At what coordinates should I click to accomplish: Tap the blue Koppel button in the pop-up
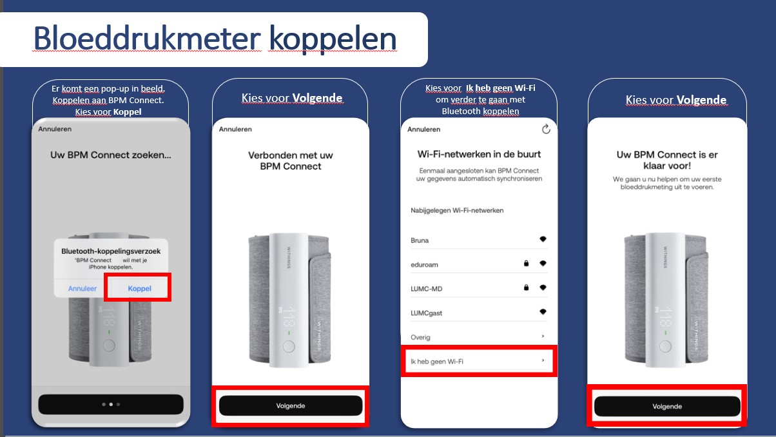139,288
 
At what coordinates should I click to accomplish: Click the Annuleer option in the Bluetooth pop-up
82,288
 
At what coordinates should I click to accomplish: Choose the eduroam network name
424,265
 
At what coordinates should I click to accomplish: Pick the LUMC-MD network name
427,289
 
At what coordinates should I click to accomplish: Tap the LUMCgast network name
427,313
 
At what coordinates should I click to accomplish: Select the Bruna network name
420,240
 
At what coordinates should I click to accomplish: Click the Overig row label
420,337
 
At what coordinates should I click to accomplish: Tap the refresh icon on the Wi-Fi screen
546,130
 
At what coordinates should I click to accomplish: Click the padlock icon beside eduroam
526,264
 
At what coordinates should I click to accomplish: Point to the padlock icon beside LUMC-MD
526,287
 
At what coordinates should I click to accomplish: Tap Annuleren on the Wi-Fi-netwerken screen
423,130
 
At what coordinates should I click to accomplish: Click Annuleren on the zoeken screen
55,129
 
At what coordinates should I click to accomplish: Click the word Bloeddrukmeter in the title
147,38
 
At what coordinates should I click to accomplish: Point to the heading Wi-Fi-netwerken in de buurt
479,154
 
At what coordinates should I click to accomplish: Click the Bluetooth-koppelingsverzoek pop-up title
111,251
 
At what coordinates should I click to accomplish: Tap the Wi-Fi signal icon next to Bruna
543,238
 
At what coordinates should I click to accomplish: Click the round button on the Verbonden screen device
289,347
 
